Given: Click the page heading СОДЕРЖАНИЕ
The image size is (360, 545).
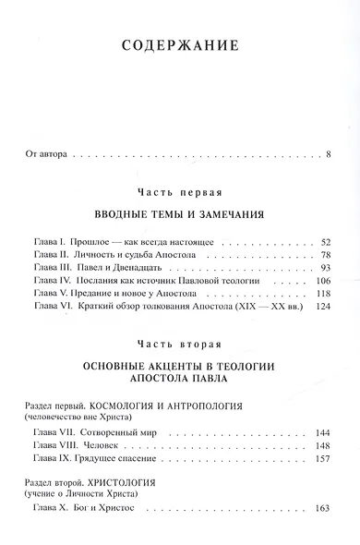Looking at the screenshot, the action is pyautogui.click(x=180, y=43).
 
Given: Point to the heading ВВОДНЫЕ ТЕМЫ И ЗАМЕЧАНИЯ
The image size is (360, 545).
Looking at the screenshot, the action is pyautogui.click(x=180, y=213).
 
